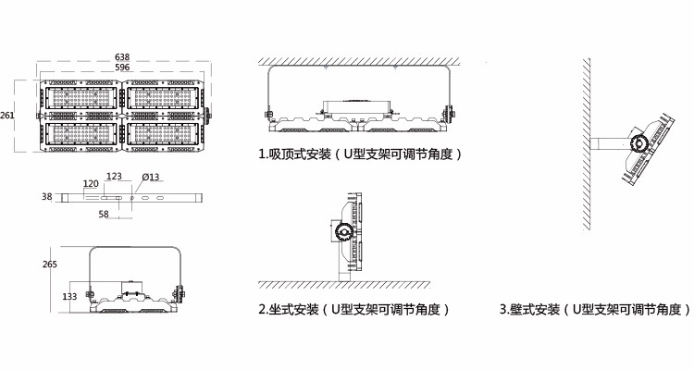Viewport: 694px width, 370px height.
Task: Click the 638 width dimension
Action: click(122, 57)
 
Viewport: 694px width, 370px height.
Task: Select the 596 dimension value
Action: click(122, 68)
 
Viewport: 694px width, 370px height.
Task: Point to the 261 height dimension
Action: click(7, 116)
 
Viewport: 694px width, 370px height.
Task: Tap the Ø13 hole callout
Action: click(151, 177)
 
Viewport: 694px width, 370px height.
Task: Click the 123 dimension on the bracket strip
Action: click(114, 176)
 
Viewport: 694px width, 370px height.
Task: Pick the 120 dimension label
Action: click(91, 184)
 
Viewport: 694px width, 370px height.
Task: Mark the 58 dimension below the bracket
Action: click(104, 215)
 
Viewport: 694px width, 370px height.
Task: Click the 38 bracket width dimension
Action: click(47, 196)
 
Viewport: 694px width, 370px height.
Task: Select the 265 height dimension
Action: click(50, 265)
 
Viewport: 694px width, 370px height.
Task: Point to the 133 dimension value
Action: click(69, 297)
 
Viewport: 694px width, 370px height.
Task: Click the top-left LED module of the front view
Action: click(81, 98)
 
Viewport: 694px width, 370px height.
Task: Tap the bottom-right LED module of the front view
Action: click(162, 133)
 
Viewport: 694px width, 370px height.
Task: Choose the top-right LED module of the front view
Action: click(162, 98)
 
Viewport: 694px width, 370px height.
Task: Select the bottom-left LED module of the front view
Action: click(81, 133)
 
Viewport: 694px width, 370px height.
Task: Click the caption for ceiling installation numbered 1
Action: click(360, 154)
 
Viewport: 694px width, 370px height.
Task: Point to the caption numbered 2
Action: click(354, 309)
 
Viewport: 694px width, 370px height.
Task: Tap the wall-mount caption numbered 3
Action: click(595, 309)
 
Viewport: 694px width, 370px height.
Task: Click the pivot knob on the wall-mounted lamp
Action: click(639, 143)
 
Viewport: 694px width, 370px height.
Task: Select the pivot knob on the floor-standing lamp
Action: click(343, 231)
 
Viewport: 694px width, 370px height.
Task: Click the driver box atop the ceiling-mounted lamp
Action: click(357, 106)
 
